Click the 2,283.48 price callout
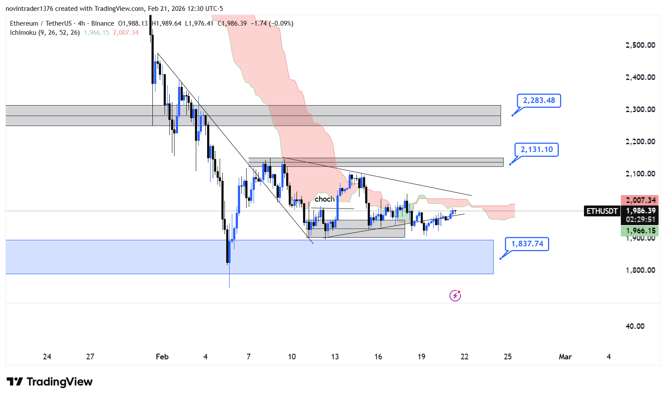coord(539,101)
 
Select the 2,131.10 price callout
coord(537,150)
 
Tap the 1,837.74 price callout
coord(527,244)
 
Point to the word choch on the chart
coord(325,199)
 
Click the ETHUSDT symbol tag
coord(602,211)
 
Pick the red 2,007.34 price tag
coord(640,200)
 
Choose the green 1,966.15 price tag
coord(640,231)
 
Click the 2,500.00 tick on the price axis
coord(640,45)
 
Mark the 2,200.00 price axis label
coord(640,142)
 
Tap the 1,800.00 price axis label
coord(640,270)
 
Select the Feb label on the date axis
coord(162,357)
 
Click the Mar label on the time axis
coord(565,357)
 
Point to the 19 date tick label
coord(421,357)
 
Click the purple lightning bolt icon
coord(455,296)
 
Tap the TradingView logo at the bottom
coord(49,382)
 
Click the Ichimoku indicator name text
coord(23,33)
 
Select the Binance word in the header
coord(102,23)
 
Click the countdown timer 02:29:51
coord(640,220)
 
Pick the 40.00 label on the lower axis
coord(635,326)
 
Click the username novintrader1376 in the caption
coord(29,9)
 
